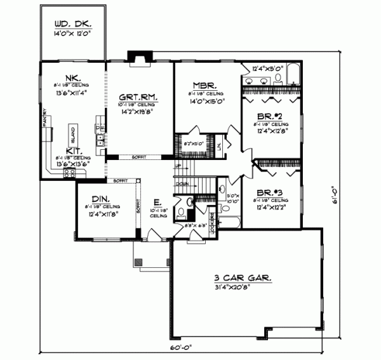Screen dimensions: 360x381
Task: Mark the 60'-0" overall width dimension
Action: coord(179,348)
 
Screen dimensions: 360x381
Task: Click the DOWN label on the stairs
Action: coord(182,183)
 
